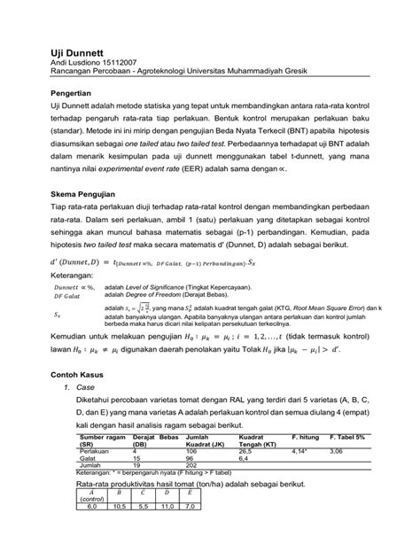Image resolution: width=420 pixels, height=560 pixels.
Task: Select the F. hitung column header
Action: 308,438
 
